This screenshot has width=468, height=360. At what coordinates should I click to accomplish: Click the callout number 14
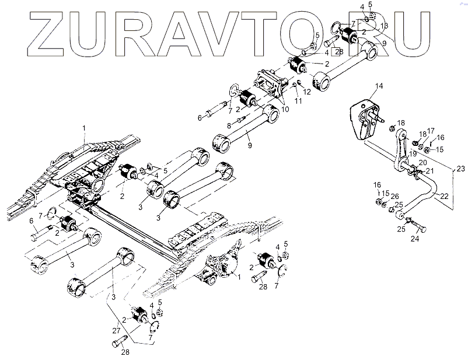[379, 86]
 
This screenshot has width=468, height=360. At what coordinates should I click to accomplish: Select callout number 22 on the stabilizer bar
[445, 196]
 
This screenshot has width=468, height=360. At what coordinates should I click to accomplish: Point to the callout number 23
[460, 169]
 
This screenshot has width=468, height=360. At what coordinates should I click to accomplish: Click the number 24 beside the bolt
[415, 238]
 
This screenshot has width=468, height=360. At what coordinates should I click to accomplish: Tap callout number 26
[396, 196]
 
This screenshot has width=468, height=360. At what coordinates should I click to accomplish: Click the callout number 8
[229, 125]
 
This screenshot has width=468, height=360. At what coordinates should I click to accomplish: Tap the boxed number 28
[339, 52]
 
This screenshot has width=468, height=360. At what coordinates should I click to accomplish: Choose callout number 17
[431, 131]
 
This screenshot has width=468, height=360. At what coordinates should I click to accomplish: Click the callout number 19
[413, 153]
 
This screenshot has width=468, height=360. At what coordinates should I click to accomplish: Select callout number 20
[423, 163]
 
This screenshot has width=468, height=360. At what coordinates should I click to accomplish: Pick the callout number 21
[429, 170]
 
